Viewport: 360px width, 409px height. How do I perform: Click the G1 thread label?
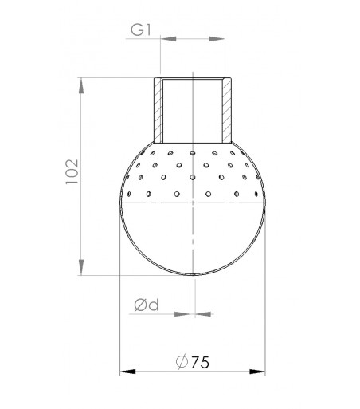(x=141, y=31)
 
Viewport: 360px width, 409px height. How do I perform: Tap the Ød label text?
(x=147, y=305)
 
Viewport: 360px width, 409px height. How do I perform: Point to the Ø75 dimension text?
(x=192, y=360)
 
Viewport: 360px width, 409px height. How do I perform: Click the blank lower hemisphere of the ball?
(x=193, y=239)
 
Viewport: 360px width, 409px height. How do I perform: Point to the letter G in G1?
(x=136, y=31)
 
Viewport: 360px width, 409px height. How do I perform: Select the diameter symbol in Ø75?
(x=179, y=360)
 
